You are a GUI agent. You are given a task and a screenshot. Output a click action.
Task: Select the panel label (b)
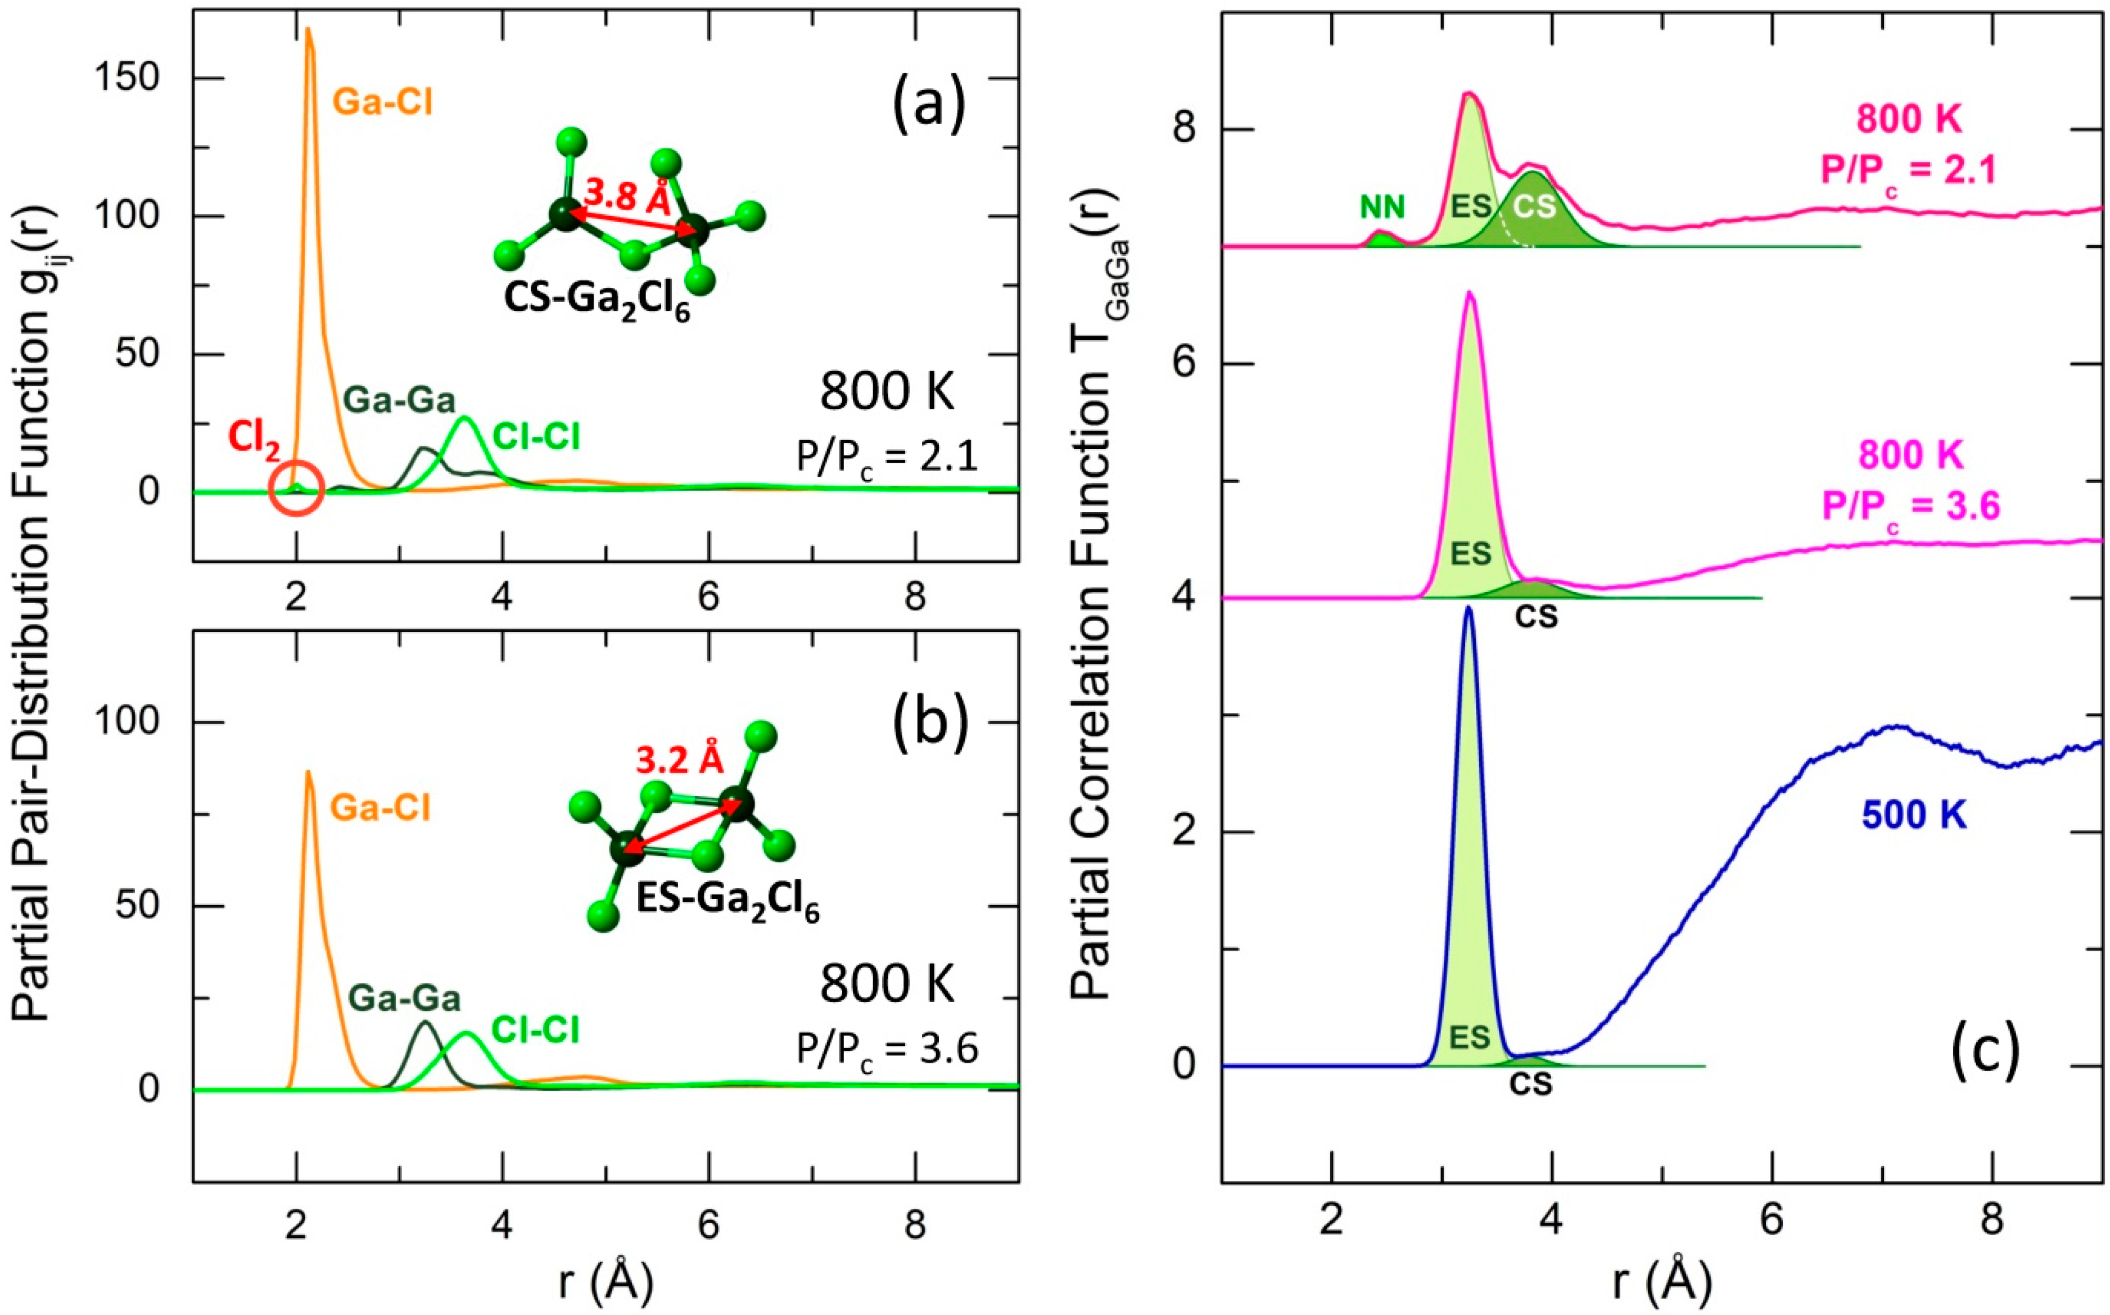(930, 725)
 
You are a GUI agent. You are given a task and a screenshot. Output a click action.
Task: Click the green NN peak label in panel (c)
(1382, 206)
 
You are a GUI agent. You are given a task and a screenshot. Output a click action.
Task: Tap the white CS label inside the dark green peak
(1534, 206)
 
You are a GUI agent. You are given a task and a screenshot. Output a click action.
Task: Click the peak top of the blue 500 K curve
(1469, 609)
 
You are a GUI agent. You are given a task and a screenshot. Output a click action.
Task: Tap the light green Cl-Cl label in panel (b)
(535, 1030)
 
